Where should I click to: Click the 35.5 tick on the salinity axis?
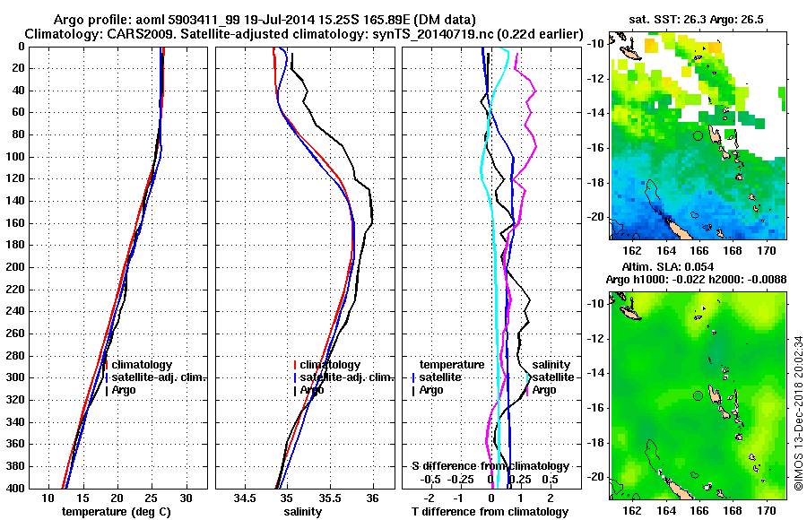pos(329,498)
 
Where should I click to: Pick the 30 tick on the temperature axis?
pos(186,498)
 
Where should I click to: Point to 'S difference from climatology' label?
pos(490,466)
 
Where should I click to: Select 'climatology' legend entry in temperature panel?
pos(140,365)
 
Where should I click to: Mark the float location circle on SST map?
pos(698,135)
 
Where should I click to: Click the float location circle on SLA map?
pos(698,395)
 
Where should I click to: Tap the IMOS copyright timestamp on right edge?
pos(799,412)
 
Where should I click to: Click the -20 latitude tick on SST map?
pos(595,216)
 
